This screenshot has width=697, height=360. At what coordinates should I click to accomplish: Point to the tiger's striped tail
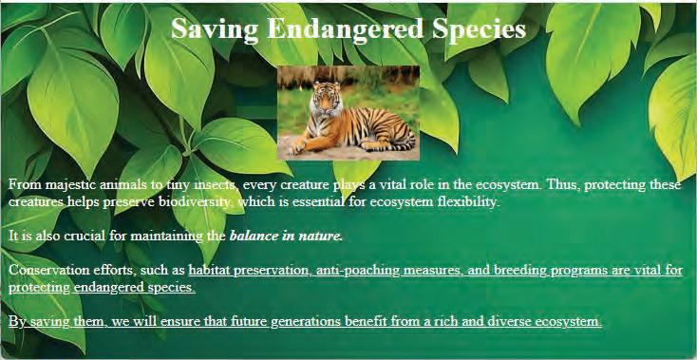[391, 145]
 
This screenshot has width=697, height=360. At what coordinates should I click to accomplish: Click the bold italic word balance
[253, 236]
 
